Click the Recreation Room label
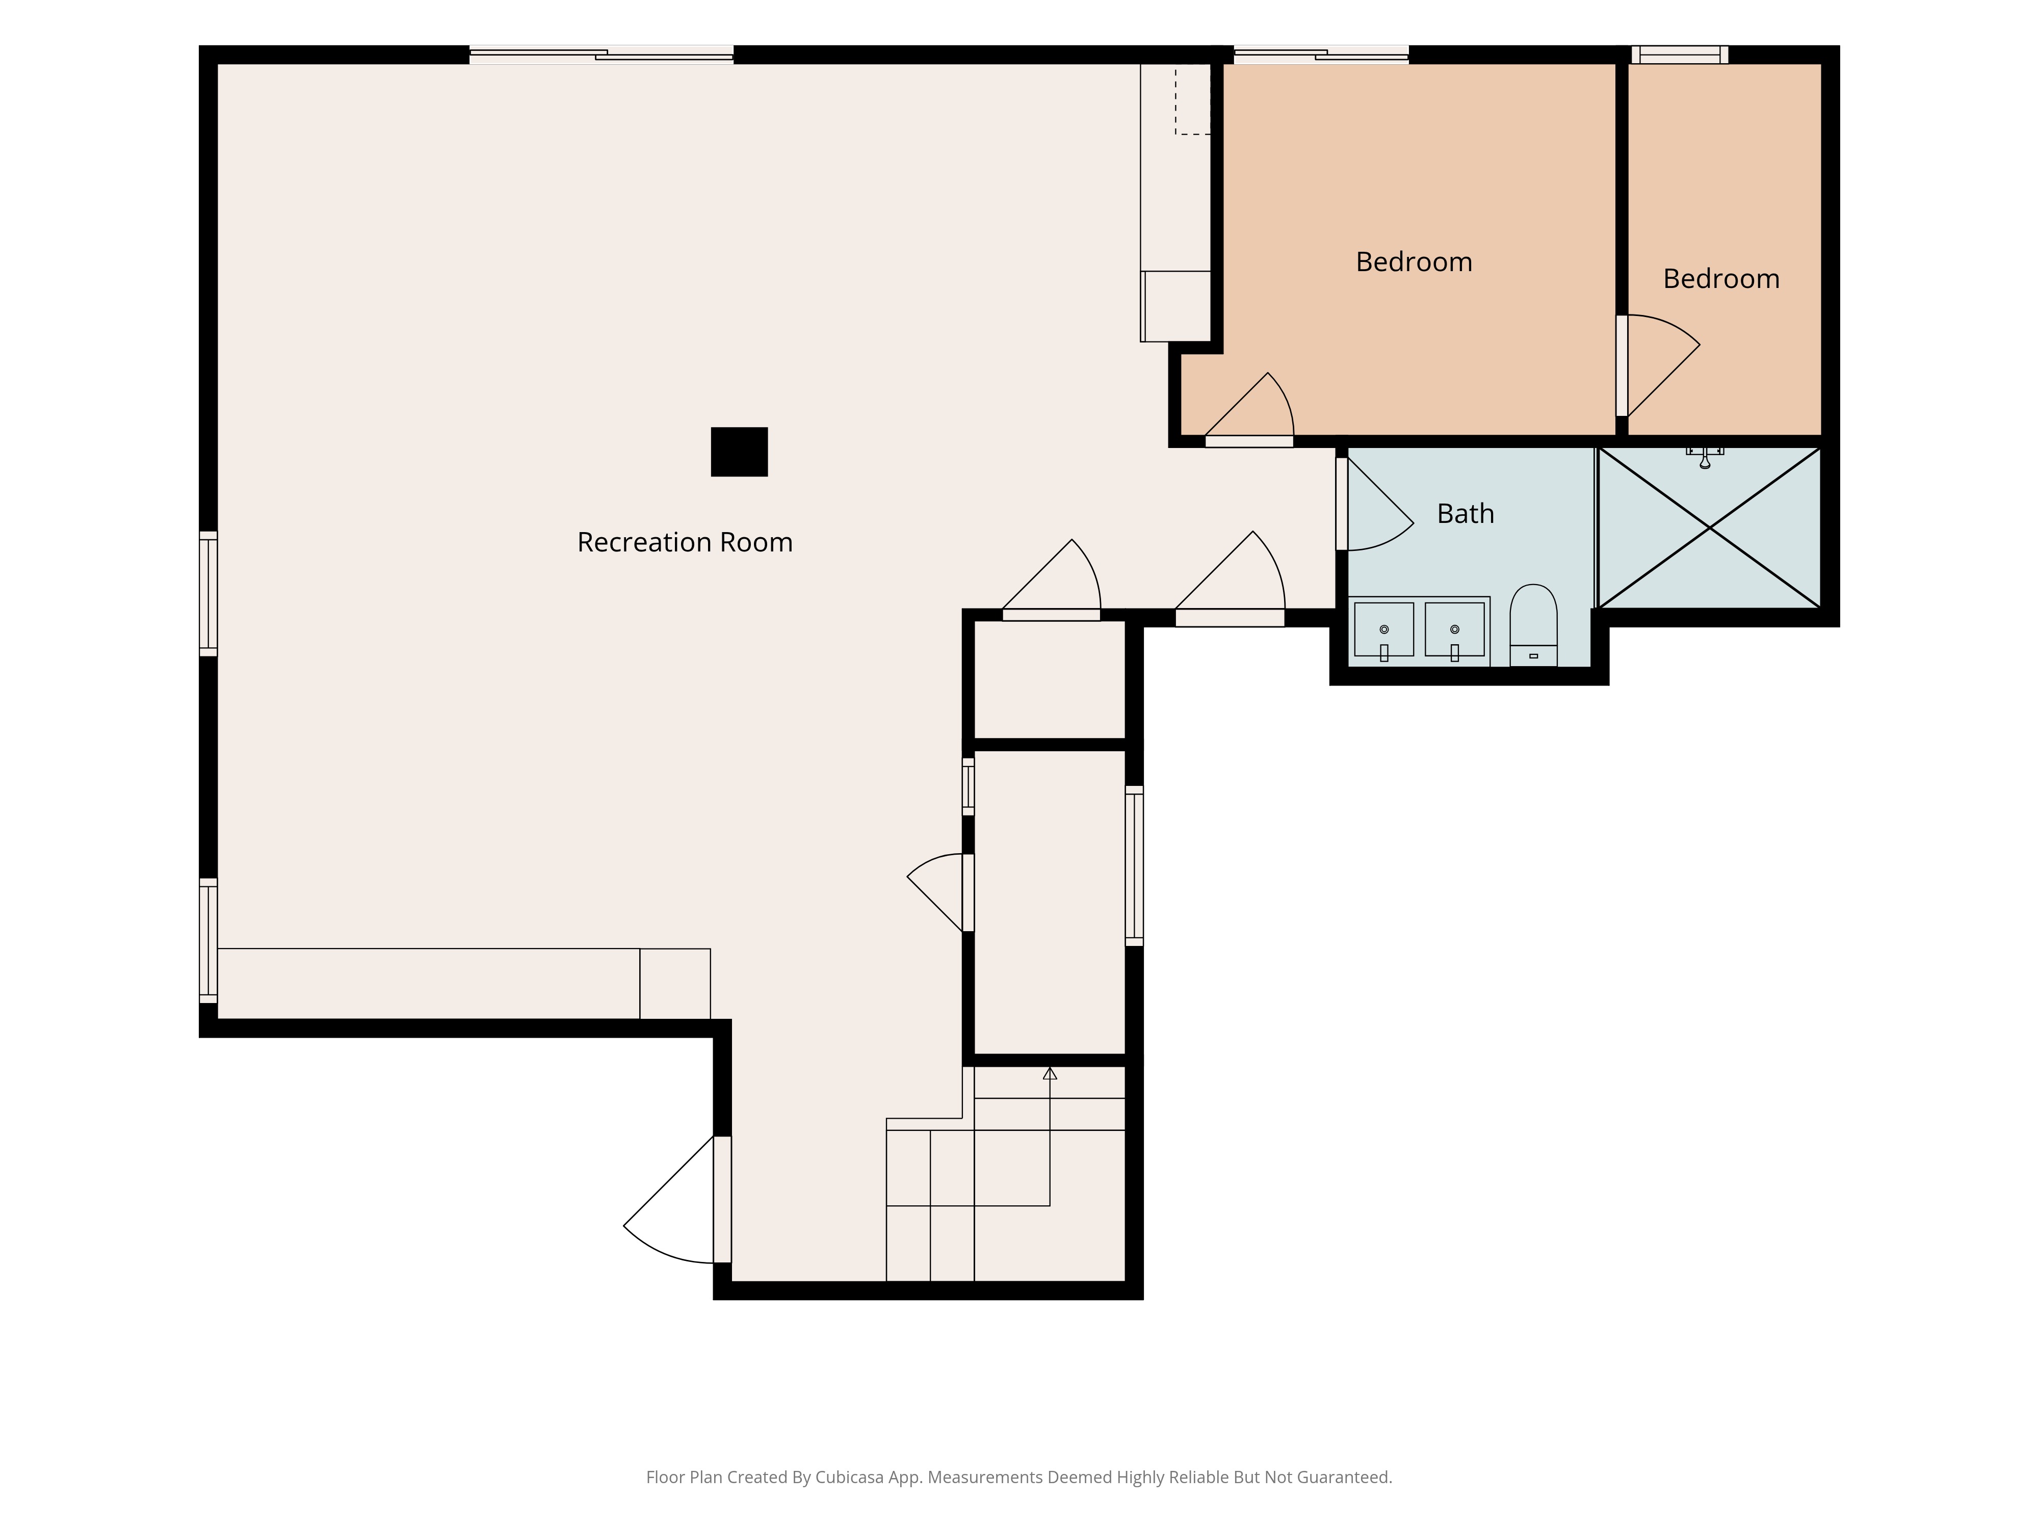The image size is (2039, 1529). coord(685,542)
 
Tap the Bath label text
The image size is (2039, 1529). coord(1466,513)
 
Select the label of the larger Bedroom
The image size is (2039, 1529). coord(1414,262)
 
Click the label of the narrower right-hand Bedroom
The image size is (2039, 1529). coord(1721,278)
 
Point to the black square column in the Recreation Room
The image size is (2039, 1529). coord(739,452)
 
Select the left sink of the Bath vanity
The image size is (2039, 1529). coord(1383,630)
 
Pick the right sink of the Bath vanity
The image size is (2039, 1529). coord(1455,630)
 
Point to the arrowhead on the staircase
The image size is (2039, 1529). coord(1050,1074)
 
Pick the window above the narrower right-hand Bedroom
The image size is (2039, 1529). coord(1680,55)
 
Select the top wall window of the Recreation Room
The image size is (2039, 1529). coord(601,55)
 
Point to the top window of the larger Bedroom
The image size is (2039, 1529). coord(1321,55)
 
